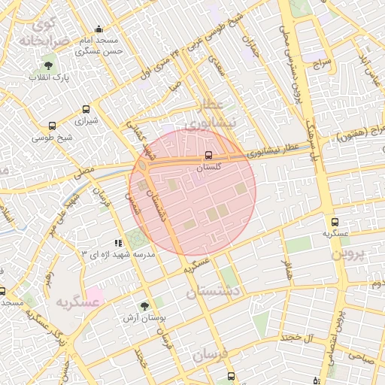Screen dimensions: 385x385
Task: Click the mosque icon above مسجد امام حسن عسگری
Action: coord(99,29)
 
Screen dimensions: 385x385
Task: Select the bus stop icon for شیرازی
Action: coord(86,109)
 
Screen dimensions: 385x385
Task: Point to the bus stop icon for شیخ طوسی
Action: coord(52,126)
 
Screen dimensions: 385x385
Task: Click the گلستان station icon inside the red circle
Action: coord(208,156)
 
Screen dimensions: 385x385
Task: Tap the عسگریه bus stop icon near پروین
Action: coord(335,223)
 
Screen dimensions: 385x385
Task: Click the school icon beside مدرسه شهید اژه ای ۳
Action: coord(117,243)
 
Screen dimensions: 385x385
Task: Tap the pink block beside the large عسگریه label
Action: coord(95,293)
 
